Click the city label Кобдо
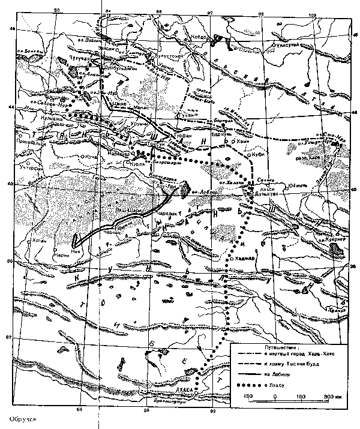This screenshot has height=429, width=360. click(199, 37)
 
